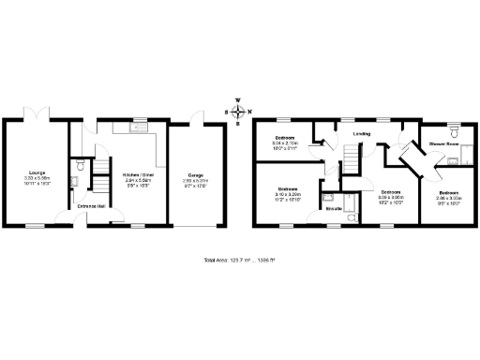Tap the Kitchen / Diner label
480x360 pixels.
138,173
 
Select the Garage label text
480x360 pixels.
196,175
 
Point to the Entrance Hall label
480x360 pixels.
91,206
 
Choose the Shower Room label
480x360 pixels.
442,144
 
